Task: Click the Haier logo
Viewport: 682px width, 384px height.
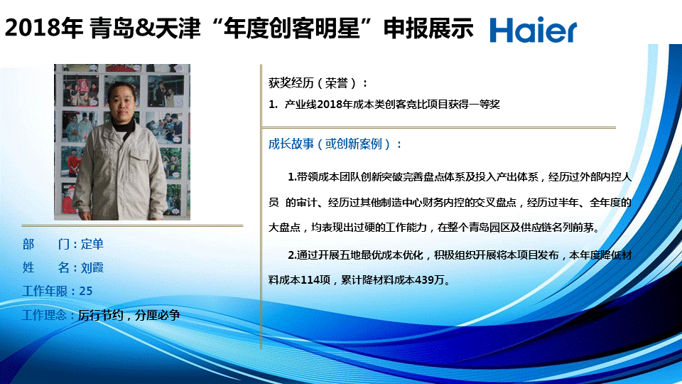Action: click(x=534, y=30)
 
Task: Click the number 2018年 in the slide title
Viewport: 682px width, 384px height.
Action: click(x=43, y=28)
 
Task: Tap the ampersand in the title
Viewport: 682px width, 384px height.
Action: click(x=145, y=28)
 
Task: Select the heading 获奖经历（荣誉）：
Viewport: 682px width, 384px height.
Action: click(x=318, y=82)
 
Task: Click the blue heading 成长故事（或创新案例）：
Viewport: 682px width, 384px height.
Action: click(x=335, y=144)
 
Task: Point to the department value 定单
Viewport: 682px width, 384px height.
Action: click(x=92, y=244)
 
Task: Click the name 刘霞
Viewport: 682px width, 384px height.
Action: click(x=92, y=267)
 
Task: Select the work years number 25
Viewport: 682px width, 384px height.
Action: click(x=86, y=291)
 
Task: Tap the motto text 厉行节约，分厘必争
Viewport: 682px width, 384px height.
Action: click(x=129, y=315)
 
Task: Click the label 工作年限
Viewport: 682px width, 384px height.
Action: click(x=45, y=291)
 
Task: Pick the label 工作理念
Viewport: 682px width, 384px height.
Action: click(x=45, y=315)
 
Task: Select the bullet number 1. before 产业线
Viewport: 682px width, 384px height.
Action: click(x=273, y=105)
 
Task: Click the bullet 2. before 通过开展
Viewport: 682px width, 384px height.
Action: click(x=292, y=255)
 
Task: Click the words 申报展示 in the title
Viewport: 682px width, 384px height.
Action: click(x=428, y=28)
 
